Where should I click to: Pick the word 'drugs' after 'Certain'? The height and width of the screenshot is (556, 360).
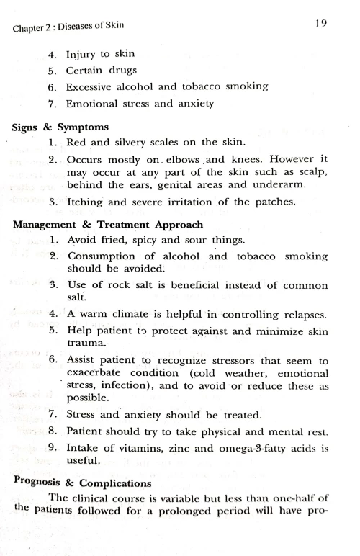pyautogui.click(x=130, y=71)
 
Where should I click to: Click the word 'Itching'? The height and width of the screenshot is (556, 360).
pyautogui.click(x=86, y=203)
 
